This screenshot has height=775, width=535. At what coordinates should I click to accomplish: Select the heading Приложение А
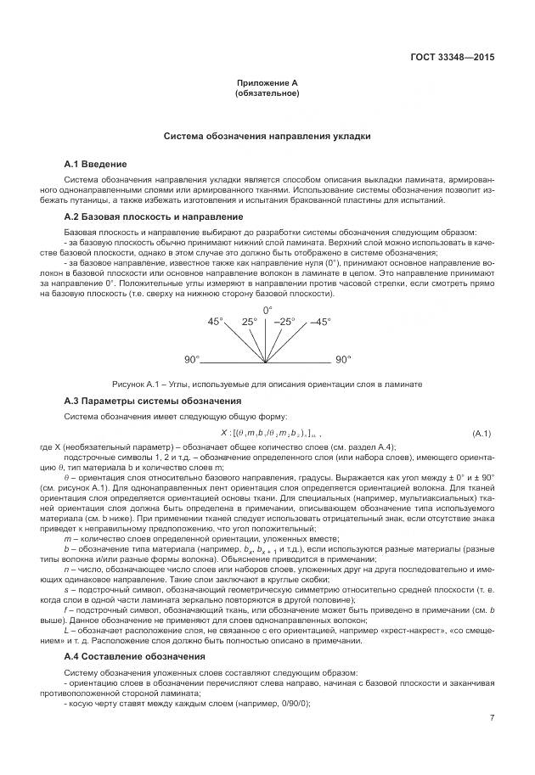click(x=267, y=83)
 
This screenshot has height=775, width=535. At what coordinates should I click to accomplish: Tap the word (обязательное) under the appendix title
click(x=267, y=93)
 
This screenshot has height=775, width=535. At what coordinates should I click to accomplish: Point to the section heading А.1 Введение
click(x=96, y=162)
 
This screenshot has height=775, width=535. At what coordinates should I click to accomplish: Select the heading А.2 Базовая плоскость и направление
click(x=142, y=217)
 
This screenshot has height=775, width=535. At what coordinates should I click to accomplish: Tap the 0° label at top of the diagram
click(x=267, y=310)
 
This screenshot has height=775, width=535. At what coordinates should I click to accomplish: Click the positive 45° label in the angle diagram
click(x=216, y=322)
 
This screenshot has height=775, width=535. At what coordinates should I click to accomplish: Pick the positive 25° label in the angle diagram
click(x=249, y=322)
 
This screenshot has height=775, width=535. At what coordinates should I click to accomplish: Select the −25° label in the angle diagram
click(x=284, y=322)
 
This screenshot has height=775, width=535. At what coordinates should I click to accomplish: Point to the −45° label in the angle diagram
click(x=319, y=322)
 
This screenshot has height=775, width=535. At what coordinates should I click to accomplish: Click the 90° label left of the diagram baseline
click(x=192, y=360)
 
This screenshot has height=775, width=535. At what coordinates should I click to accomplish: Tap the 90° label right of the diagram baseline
click(x=343, y=360)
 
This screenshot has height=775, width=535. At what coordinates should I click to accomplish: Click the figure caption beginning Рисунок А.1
click(x=267, y=385)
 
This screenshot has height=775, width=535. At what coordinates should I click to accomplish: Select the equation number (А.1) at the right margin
click(x=481, y=433)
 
